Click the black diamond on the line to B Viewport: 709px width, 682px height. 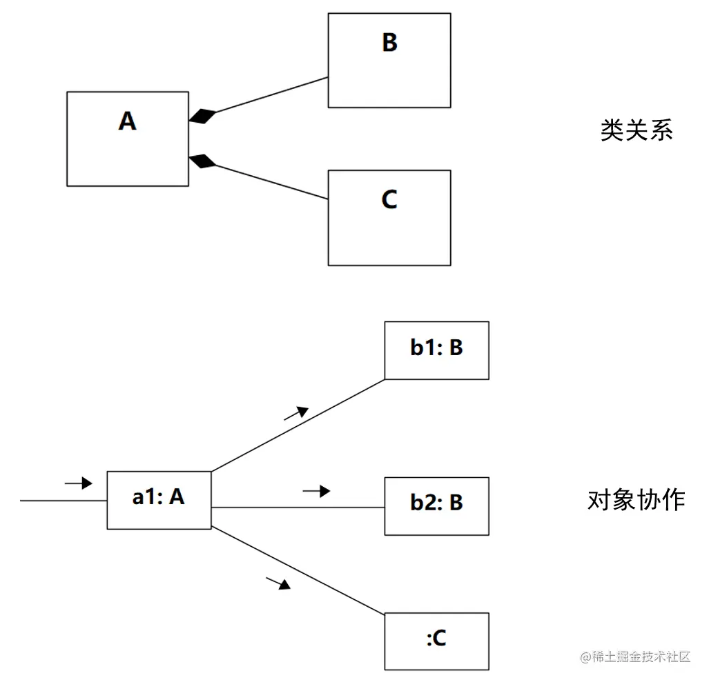click(x=202, y=117)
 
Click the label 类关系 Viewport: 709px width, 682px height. click(x=636, y=130)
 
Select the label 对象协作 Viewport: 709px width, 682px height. click(x=636, y=500)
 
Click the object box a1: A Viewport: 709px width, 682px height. click(x=159, y=500)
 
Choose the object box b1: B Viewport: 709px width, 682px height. click(x=436, y=350)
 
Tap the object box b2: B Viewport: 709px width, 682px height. click(x=436, y=505)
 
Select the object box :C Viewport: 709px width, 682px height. click(x=436, y=641)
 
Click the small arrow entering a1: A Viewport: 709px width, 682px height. click(x=78, y=483)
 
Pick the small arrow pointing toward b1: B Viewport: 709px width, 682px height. click(x=297, y=412)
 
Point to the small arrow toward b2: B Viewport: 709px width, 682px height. click(x=316, y=491)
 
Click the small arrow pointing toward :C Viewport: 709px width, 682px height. click(x=278, y=583)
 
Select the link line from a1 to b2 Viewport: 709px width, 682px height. click(x=297, y=508)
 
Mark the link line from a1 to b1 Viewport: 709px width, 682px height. click(x=297, y=425)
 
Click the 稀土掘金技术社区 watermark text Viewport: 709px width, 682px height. click(x=635, y=656)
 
